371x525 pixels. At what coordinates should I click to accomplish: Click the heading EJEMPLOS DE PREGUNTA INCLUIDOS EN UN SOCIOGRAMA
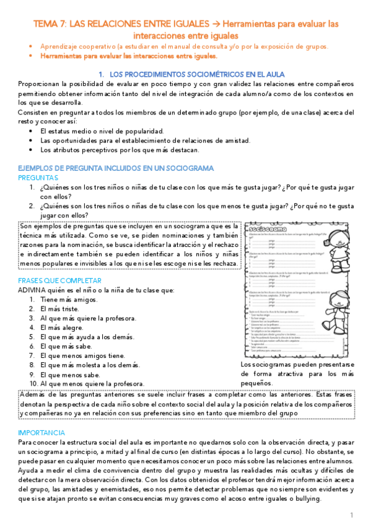pos(116,168)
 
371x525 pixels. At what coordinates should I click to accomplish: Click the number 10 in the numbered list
pos(33,384)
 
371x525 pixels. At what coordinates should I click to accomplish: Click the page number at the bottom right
pos(351,515)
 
